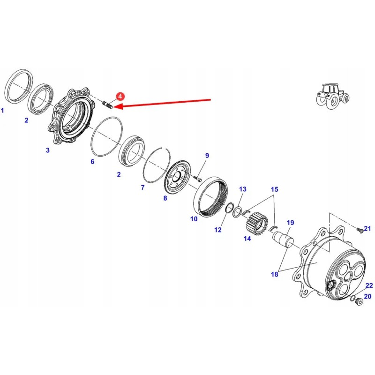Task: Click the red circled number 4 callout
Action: tap(120, 97)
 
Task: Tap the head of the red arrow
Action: tap(115, 106)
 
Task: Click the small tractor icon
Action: tap(333, 96)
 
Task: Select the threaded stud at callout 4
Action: tap(108, 105)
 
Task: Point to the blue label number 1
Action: tap(2, 111)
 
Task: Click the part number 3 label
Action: tap(48, 150)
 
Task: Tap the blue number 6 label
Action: tap(92, 162)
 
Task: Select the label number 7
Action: tap(143, 187)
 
